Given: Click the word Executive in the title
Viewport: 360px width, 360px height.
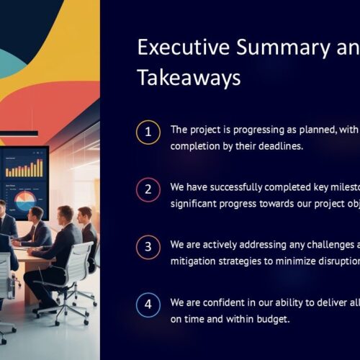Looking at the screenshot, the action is pos(184,48).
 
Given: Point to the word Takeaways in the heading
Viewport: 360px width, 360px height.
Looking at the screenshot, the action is pos(189,77).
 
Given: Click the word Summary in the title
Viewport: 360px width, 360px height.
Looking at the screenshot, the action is pos(283,49).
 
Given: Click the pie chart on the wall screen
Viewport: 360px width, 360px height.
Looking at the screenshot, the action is pos(25,201).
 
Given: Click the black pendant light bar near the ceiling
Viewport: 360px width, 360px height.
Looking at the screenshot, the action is pos(19,133).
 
